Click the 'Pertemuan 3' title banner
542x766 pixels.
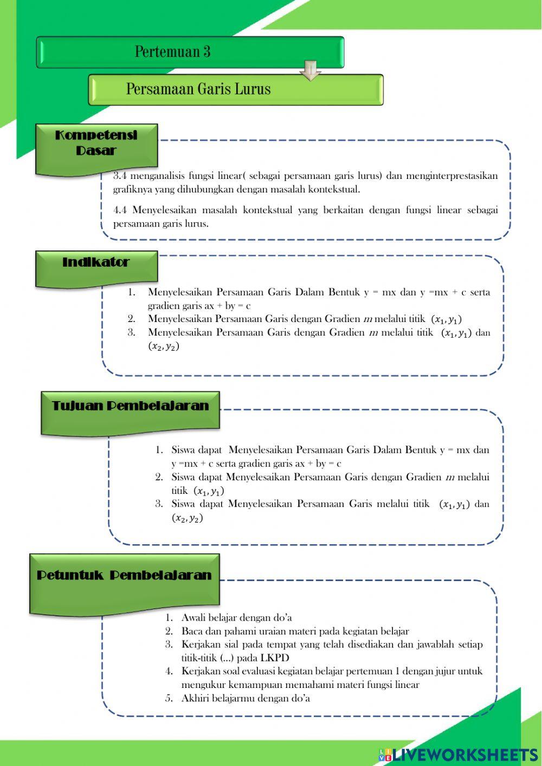coord(190,52)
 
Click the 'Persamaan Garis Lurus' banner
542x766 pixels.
coord(236,89)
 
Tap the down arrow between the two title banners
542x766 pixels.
coord(311,70)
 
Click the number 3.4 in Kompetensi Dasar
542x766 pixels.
coord(120,176)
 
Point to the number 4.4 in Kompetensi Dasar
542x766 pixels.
coord(120,210)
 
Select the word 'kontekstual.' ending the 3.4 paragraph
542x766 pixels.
coord(334,189)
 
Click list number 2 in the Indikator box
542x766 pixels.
coord(132,319)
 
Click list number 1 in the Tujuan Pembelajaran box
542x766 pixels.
coord(159,450)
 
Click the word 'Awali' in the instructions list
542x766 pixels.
coord(193,617)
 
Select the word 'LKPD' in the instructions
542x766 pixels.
coord(275,658)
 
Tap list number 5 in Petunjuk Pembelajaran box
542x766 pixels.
coord(169,698)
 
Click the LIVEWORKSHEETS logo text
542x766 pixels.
coord(464,755)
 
